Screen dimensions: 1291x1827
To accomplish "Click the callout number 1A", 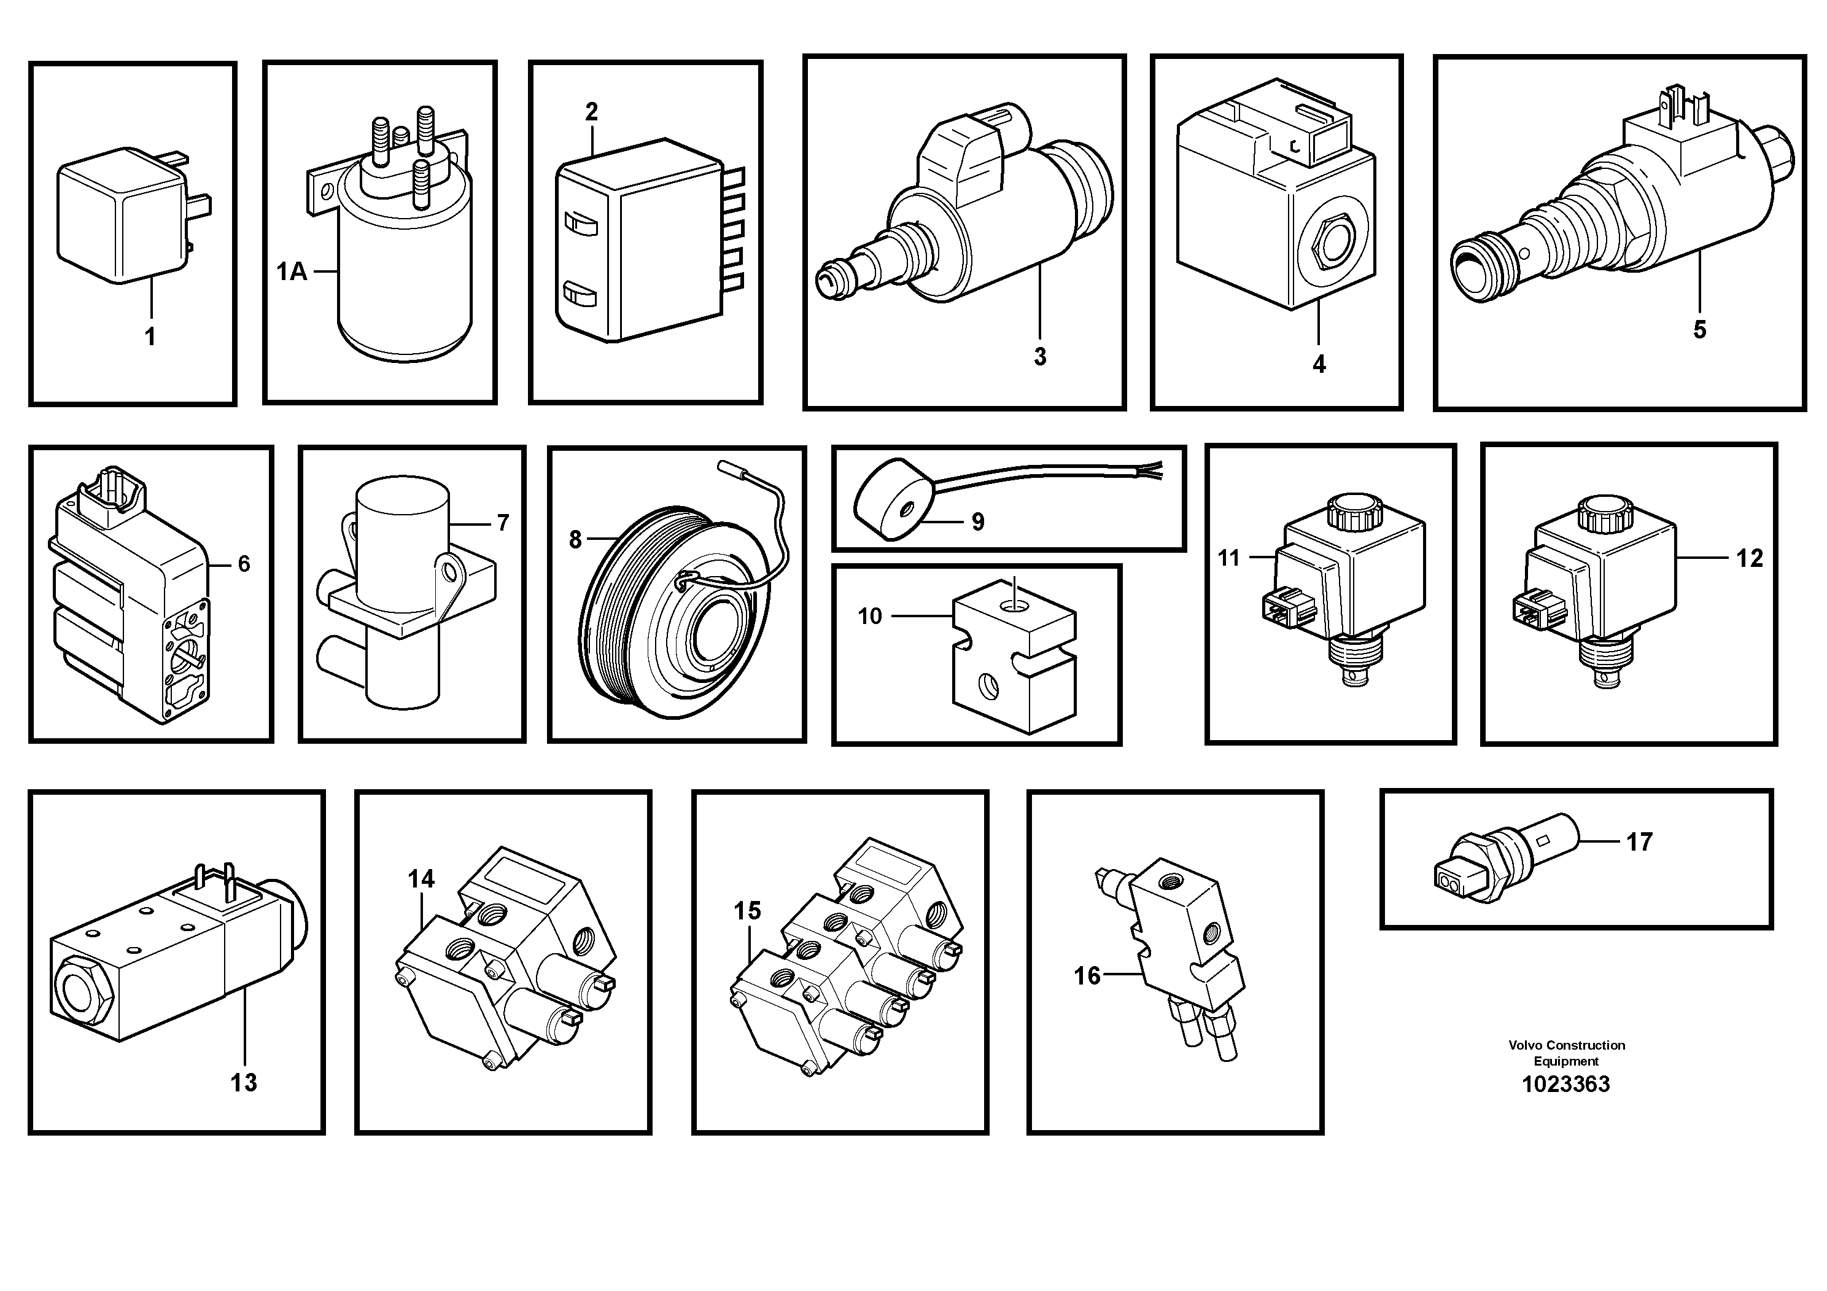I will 291,272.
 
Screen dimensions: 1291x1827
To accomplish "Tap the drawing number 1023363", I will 1565,1084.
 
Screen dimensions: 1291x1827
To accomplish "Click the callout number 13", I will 244,1082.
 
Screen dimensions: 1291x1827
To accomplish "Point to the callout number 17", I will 1639,841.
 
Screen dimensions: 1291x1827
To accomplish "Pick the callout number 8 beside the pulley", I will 575,540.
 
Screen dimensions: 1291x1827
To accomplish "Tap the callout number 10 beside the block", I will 870,616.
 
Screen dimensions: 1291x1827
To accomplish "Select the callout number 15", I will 747,911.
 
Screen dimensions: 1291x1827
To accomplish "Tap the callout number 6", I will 244,564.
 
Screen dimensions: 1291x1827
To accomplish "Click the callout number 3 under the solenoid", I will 1039,357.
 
